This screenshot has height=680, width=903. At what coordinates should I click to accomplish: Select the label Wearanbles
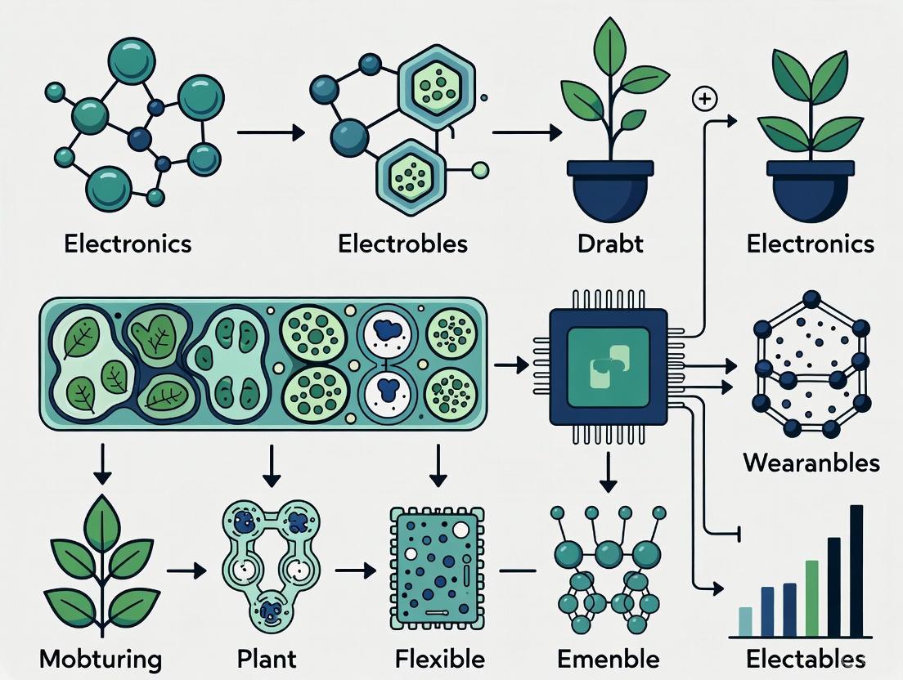point(811,463)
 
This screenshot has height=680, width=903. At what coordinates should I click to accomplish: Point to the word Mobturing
point(100,659)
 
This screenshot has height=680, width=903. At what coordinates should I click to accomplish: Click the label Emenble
point(608,659)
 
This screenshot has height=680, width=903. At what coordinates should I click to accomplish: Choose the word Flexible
point(439,659)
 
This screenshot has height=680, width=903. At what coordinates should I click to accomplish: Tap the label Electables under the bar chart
point(806,659)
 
